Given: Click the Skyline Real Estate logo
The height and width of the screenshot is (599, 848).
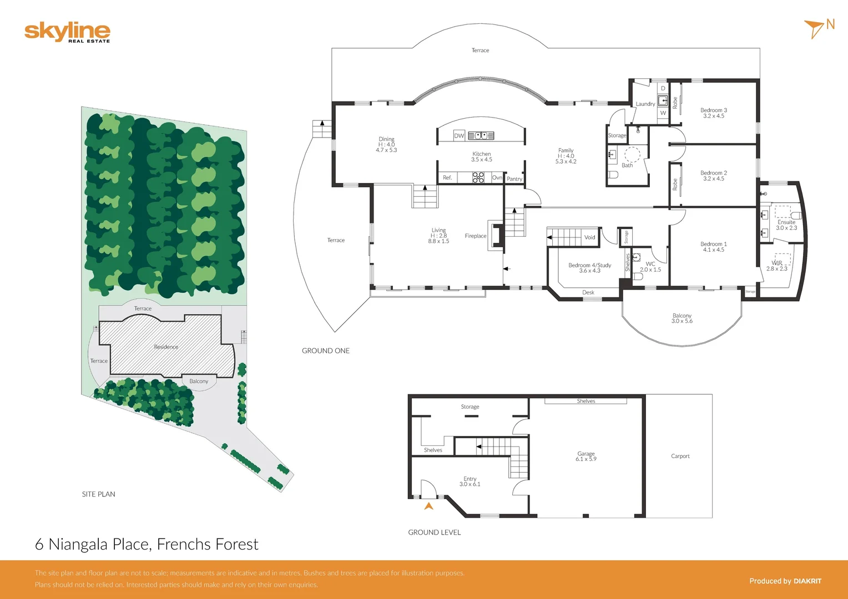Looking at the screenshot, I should click(67, 32).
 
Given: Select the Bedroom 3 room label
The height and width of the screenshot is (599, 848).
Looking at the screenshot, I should click(713, 113).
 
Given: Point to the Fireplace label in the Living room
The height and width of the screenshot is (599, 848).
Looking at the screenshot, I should click(476, 236).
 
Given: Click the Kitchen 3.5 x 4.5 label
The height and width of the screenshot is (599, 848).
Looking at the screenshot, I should click(482, 157).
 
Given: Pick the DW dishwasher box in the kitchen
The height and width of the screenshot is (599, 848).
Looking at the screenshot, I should click(459, 135).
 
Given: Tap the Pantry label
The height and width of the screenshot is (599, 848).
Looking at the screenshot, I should click(514, 179).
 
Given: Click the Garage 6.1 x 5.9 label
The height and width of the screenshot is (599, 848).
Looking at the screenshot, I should click(586, 456).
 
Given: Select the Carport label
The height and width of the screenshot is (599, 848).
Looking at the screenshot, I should click(680, 456).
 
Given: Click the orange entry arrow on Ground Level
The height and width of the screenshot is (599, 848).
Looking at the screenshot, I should click(428, 506).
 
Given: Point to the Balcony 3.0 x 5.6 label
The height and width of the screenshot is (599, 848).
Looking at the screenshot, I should click(682, 318).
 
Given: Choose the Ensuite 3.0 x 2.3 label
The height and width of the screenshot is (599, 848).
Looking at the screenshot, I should click(786, 225).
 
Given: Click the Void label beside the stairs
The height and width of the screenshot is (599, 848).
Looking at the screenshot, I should click(589, 237).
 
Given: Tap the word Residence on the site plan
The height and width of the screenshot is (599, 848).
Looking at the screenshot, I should click(166, 347).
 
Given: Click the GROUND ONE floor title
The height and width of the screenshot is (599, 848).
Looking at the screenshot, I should click(326, 351).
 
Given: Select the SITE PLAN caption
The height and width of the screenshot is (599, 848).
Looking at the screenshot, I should click(99, 494).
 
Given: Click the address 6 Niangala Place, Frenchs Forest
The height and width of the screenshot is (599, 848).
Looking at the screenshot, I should click(147, 544).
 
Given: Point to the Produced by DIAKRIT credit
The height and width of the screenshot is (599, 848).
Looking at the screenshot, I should click(785, 581).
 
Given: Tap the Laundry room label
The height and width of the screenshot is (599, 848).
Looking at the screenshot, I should click(645, 104).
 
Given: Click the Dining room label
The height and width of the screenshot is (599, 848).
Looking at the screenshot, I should click(386, 144).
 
